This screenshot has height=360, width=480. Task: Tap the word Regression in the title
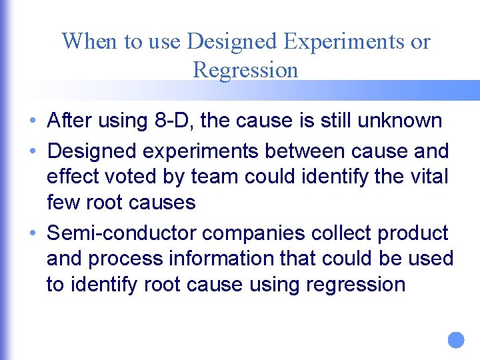[x=245, y=69]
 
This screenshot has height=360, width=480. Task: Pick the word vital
[x=427, y=177]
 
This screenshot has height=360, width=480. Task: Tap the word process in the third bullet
[x=132, y=259]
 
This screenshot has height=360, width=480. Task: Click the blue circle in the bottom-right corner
[x=455, y=340]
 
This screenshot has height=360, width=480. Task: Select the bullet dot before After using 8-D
[x=33, y=121]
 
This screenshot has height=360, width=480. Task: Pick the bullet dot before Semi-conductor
[x=33, y=234]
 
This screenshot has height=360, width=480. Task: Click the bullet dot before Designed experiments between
[x=33, y=152]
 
